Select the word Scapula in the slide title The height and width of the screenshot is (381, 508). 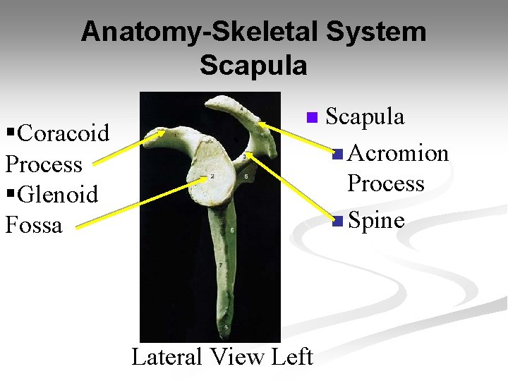253,66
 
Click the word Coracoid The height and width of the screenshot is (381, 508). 64,133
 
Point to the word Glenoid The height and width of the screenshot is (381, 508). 58,194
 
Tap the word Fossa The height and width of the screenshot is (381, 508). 34,225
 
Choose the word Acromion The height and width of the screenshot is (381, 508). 399,152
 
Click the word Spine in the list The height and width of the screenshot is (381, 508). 376,220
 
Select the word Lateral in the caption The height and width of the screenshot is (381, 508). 167,357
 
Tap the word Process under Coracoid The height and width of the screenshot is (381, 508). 44,164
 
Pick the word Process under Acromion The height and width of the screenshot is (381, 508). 385,183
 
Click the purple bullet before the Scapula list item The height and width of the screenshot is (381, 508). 313,117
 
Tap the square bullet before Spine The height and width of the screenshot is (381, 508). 338,222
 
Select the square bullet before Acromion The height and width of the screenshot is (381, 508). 338,154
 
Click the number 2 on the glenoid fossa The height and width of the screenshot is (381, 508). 212,176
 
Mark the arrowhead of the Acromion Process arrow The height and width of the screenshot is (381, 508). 260,124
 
